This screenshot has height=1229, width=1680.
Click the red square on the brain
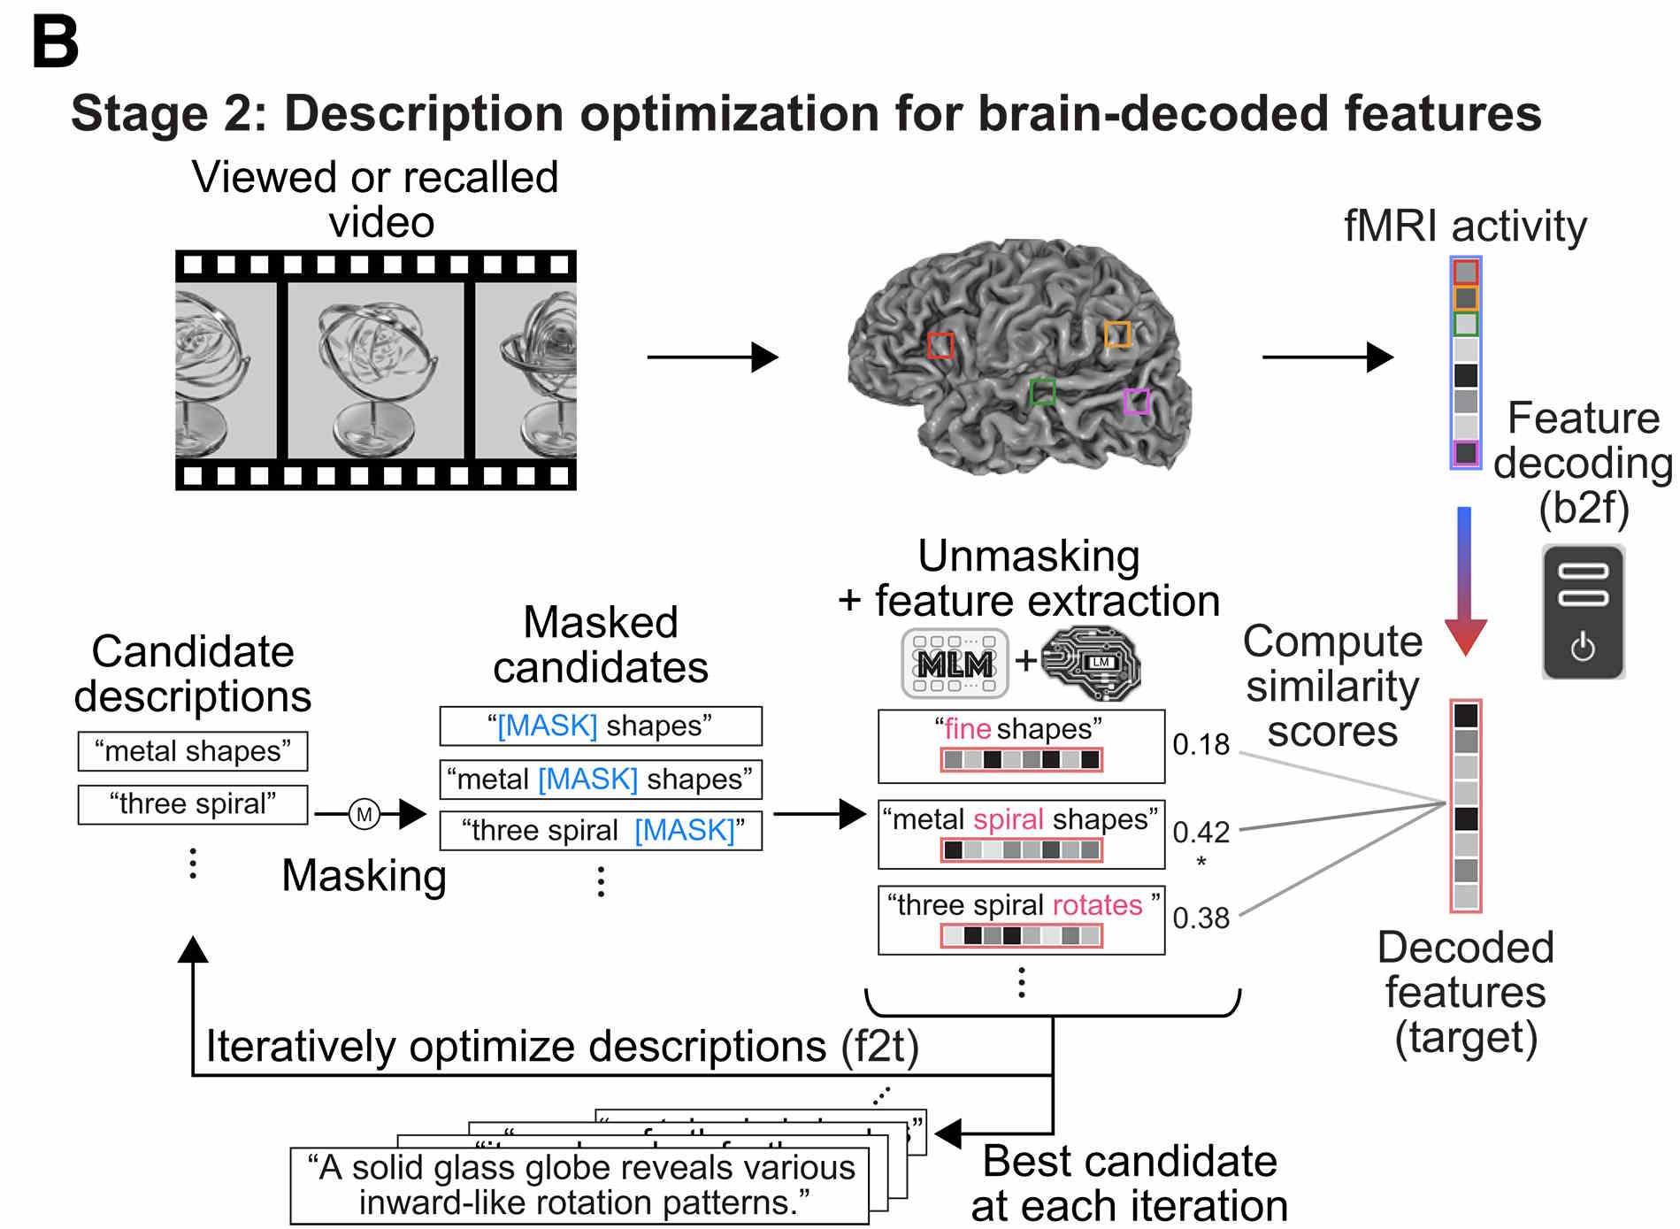click(940, 345)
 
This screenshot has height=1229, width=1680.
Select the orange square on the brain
click(1117, 334)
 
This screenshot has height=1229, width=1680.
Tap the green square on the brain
click(1043, 391)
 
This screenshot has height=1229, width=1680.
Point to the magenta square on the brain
click(1136, 401)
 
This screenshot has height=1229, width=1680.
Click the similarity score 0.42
click(1201, 832)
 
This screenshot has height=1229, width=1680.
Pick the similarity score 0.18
click(1201, 744)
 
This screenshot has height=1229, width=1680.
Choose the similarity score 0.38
click(1201, 918)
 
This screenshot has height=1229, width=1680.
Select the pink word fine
click(967, 728)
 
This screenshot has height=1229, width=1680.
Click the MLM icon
click(955, 663)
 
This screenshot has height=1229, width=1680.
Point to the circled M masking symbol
click(364, 814)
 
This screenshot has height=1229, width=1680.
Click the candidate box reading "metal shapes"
click(193, 751)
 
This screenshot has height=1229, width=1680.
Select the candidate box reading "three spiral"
click(193, 804)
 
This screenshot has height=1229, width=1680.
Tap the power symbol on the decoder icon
click(1583, 648)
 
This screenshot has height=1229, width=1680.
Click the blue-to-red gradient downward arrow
click(1465, 580)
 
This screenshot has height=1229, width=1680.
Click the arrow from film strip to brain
click(712, 357)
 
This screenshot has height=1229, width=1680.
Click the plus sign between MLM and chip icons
click(1025, 660)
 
